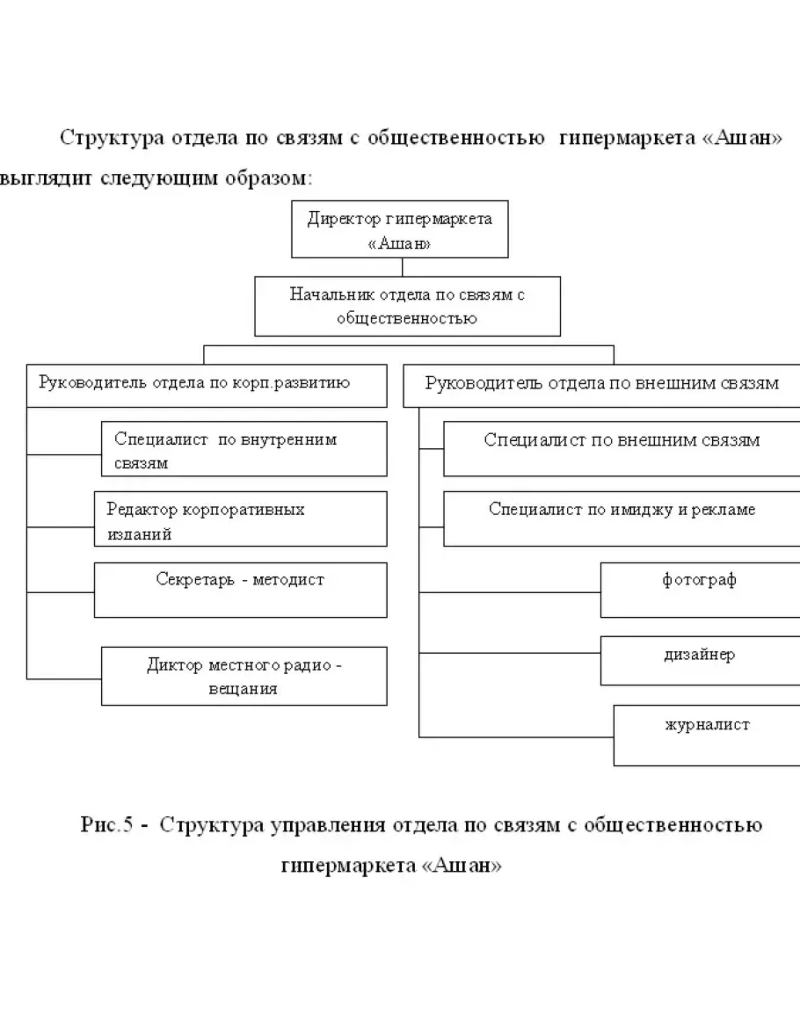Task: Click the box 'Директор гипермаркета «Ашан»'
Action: tap(399, 230)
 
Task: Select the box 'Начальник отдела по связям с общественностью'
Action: tap(407, 307)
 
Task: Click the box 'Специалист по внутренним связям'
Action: tap(244, 449)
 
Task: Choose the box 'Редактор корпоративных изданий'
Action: tap(240, 518)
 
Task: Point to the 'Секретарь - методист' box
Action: tap(240, 590)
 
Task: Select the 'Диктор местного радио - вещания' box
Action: tap(244, 676)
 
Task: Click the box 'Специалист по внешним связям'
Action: tap(621, 449)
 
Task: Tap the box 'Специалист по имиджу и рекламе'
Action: tap(621, 518)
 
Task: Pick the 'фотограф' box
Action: tap(700, 590)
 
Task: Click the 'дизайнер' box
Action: tap(700, 660)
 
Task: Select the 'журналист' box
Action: tap(706, 735)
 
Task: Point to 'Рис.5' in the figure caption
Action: tap(105, 826)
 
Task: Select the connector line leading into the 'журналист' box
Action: tap(516, 736)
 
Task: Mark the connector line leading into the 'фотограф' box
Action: tap(510, 592)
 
